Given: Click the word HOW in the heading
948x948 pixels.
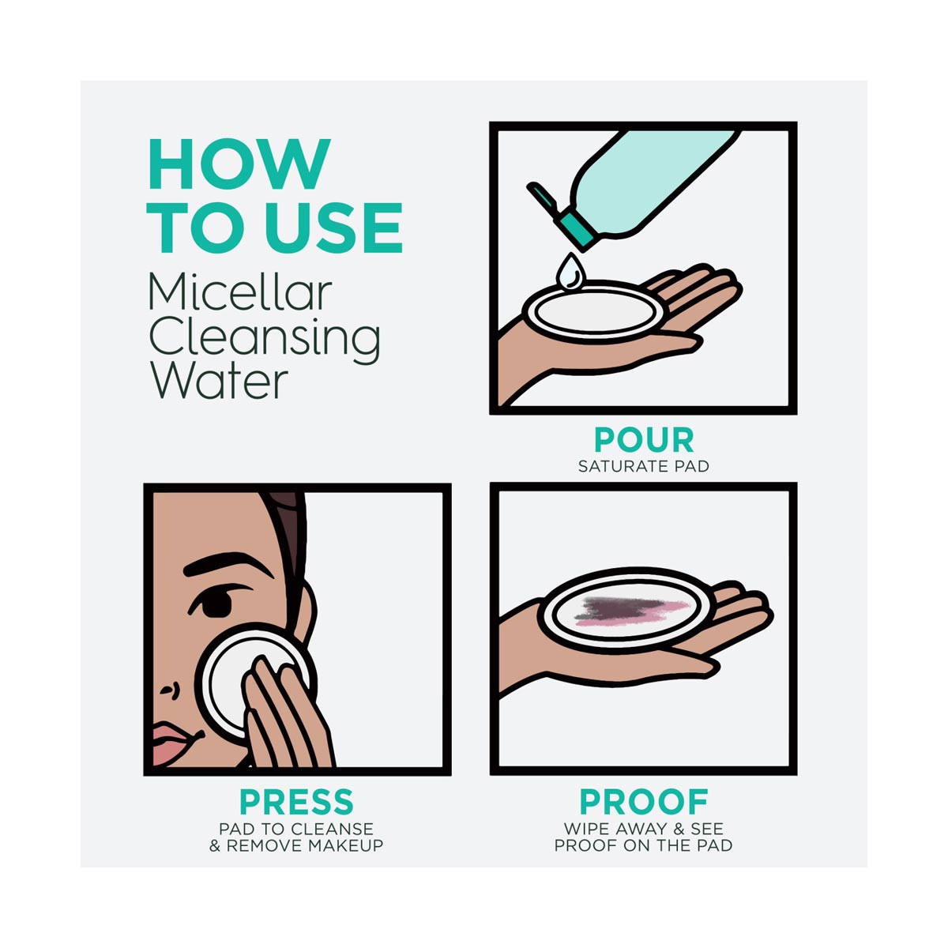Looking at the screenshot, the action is pos(239,164).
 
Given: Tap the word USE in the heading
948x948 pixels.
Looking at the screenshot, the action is pos(334,228).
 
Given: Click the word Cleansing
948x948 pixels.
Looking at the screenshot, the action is pos(265,337).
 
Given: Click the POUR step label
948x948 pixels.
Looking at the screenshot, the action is pos(644,440).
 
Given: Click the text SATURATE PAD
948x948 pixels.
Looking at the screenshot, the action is pos(644,466).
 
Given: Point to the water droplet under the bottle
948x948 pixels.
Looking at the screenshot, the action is pos(569,271).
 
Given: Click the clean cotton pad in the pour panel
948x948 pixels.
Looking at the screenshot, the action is pos(595,312).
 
